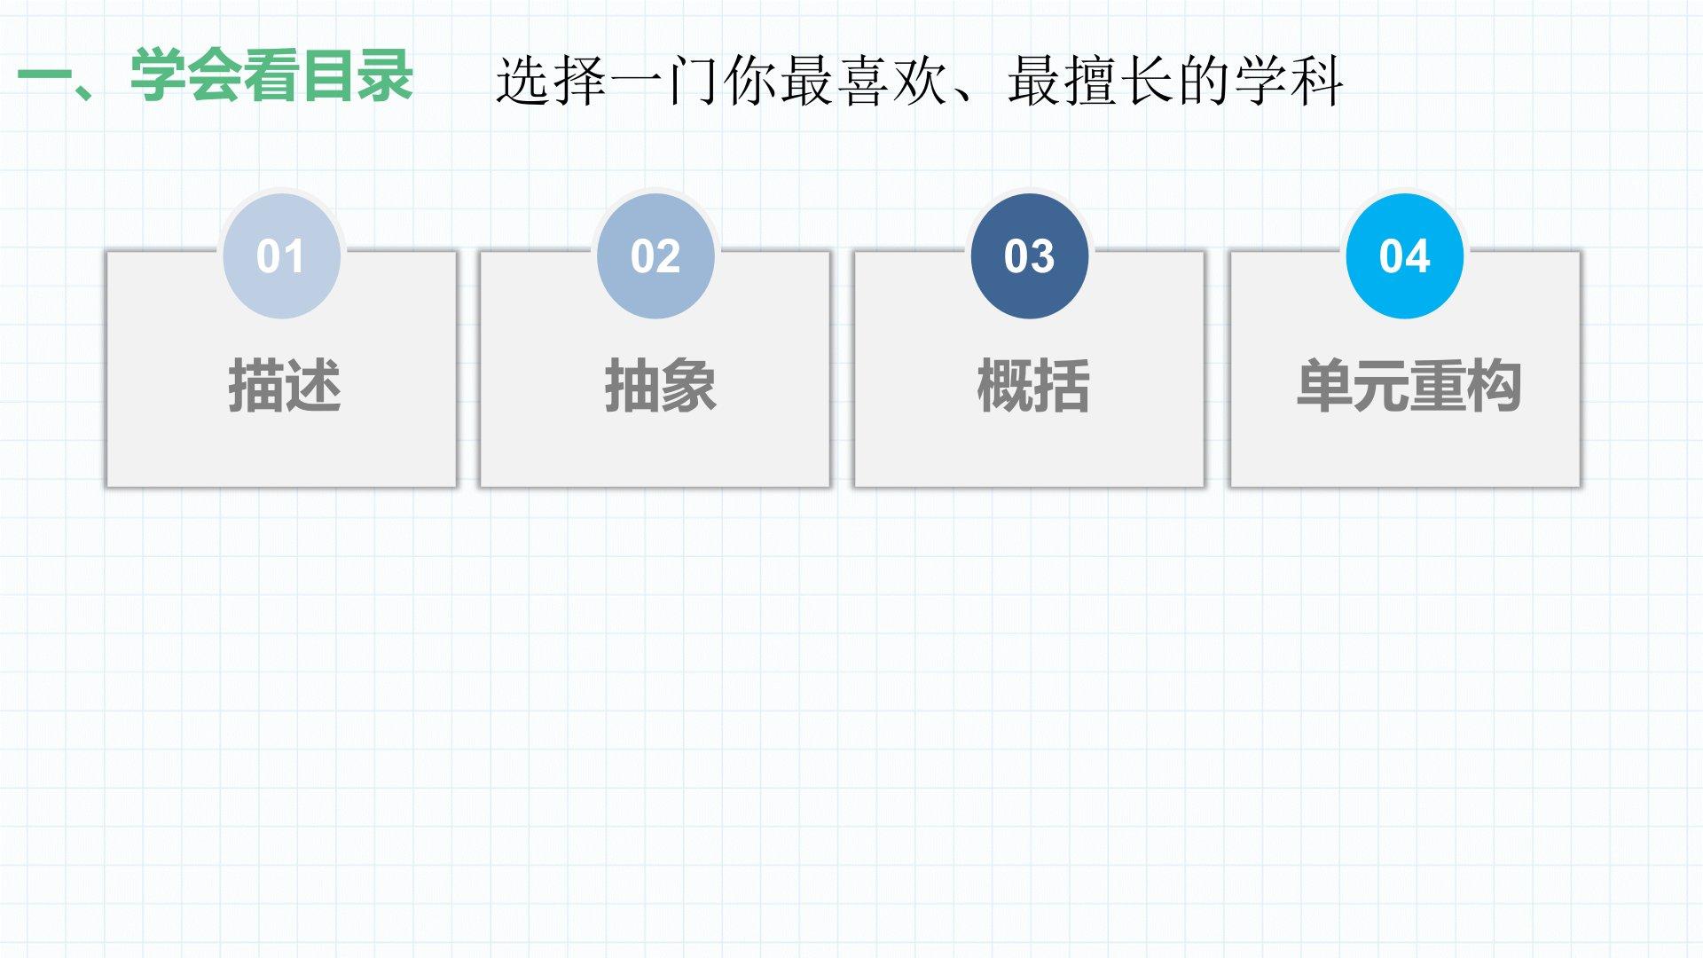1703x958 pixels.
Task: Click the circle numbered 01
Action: click(x=281, y=256)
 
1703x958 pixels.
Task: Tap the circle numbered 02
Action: click(x=655, y=256)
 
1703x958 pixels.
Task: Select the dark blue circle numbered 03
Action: click(x=1030, y=256)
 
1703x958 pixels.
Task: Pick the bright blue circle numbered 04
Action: click(x=1405, y=256)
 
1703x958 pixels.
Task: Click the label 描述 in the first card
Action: click(x=285, y=386)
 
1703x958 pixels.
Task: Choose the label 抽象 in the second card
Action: click(x=660, y=386)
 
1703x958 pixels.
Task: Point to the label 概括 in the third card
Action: click(x=1033, y=386)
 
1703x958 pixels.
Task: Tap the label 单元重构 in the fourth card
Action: click(x=1409, y=386)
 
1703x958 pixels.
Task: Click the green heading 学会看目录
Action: click(x=271, y=75)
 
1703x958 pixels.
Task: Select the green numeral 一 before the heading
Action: click(x=44, y=75)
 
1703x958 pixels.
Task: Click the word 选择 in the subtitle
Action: click(x=551, y=81)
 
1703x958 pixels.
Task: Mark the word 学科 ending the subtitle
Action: click(x=1290, y=81)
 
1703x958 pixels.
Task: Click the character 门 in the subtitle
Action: click(x=693, y=81)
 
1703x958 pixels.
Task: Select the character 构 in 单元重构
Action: click(x=1495, y=386)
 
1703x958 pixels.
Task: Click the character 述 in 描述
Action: click(x=313, y=386)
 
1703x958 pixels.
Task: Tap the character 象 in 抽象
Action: click(x=688, y=386)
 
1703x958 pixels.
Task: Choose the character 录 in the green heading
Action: click(x=385, y=75)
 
